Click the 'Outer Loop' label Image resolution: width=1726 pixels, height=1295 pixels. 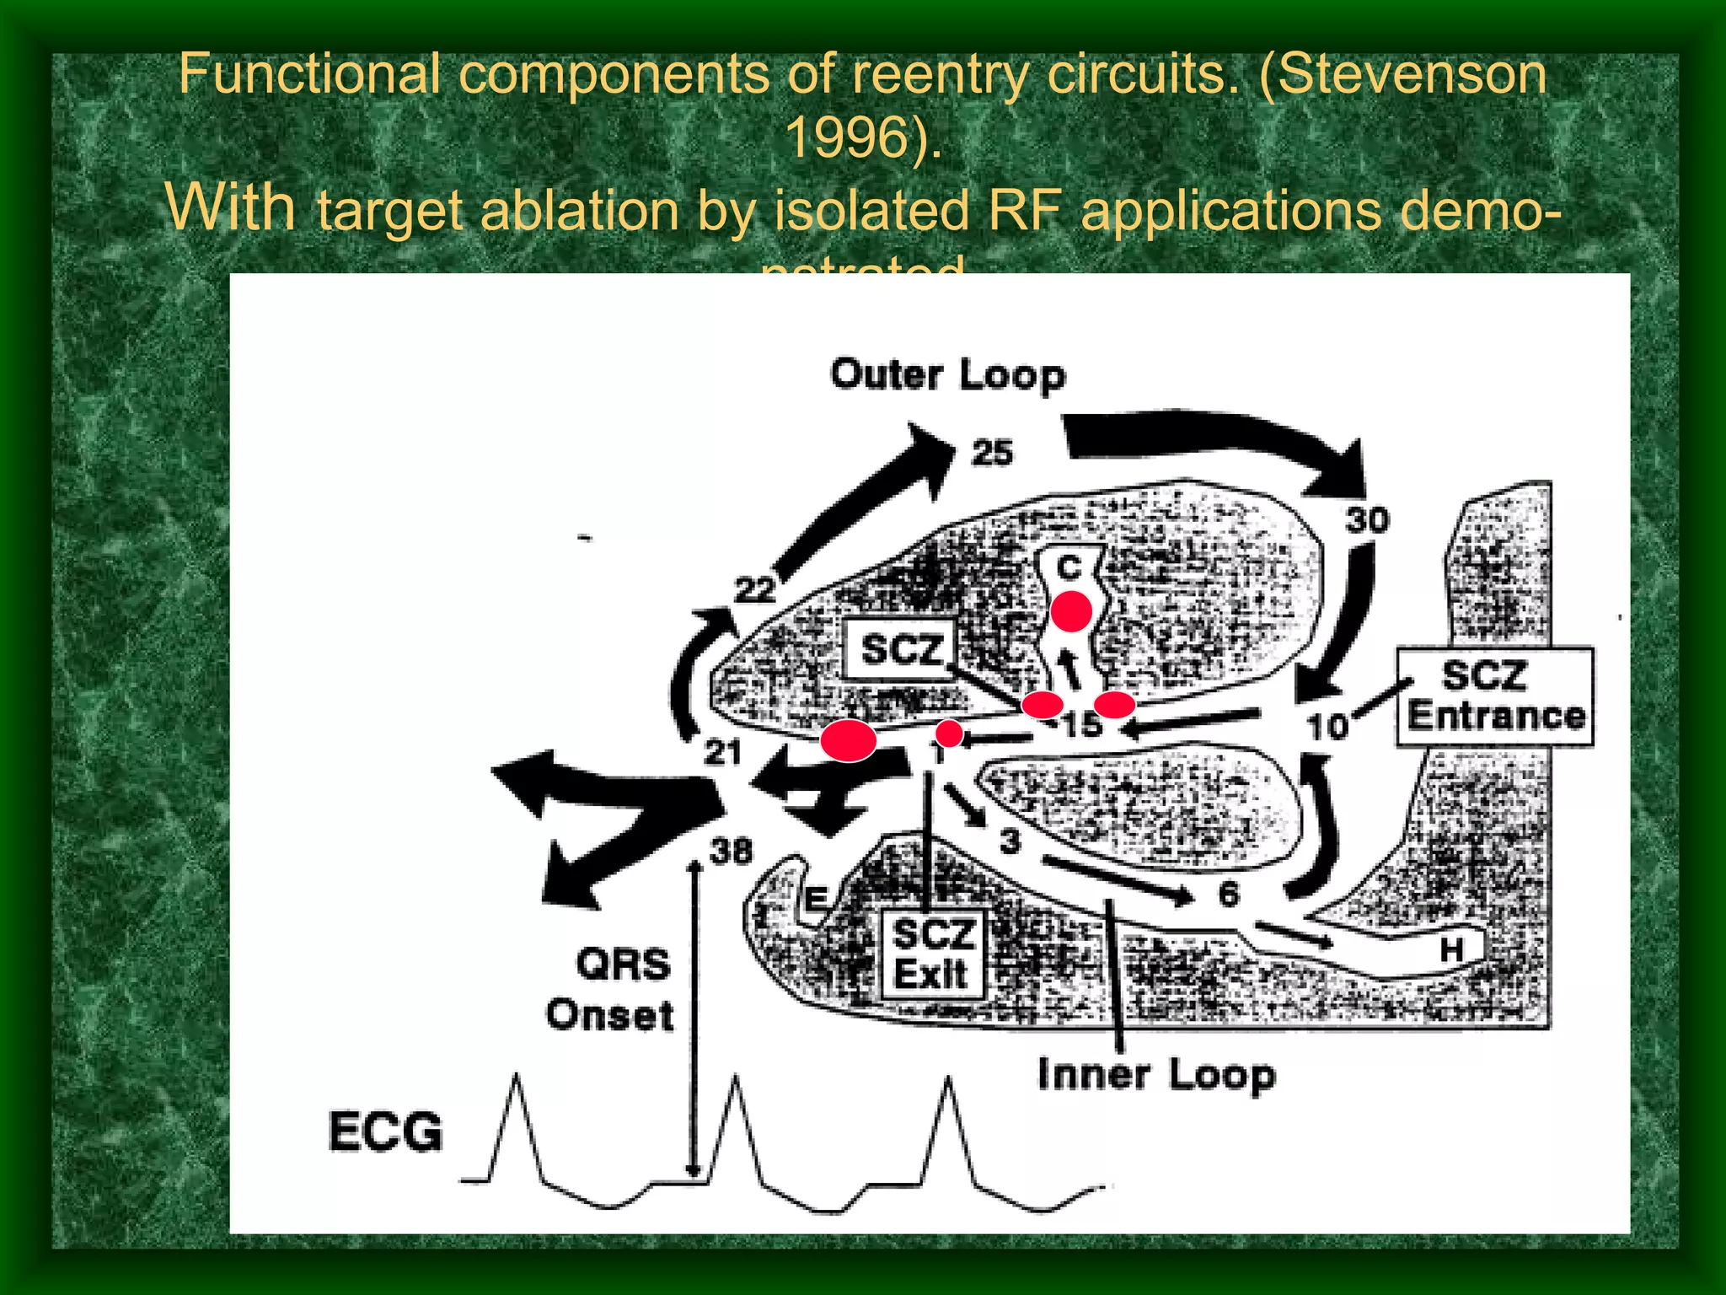click(947, 375)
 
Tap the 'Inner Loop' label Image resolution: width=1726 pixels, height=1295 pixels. click(1156, 1075)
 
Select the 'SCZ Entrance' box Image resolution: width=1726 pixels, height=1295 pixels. click(1495, 696)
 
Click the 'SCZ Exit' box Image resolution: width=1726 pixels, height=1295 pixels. click(932, 954)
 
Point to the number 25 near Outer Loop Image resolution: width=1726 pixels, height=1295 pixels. click(992, 453)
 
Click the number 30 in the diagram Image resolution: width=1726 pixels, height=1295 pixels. click(1367, 519)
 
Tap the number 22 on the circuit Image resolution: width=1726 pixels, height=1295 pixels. click(754, 589)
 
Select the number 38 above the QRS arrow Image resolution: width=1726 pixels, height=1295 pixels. click(731, 852)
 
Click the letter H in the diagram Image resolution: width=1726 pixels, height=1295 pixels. click(1451, 949)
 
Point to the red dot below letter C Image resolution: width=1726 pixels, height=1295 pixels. click(1071, 611)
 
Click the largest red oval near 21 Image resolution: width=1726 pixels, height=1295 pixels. click(848, 740)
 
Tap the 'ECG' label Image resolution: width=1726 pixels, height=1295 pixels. click(385, 1131)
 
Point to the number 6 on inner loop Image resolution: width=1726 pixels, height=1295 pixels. click(1229, 894)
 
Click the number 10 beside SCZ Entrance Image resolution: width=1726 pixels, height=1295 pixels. click(1327, 726)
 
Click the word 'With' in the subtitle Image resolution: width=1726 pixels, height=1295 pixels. click(230, 207)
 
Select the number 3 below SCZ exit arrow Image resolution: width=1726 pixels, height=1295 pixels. click(1010, 841)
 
